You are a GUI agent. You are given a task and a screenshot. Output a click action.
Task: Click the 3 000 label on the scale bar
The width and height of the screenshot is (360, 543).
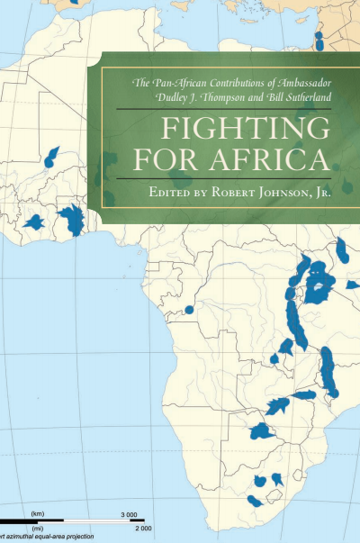[128, 513]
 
